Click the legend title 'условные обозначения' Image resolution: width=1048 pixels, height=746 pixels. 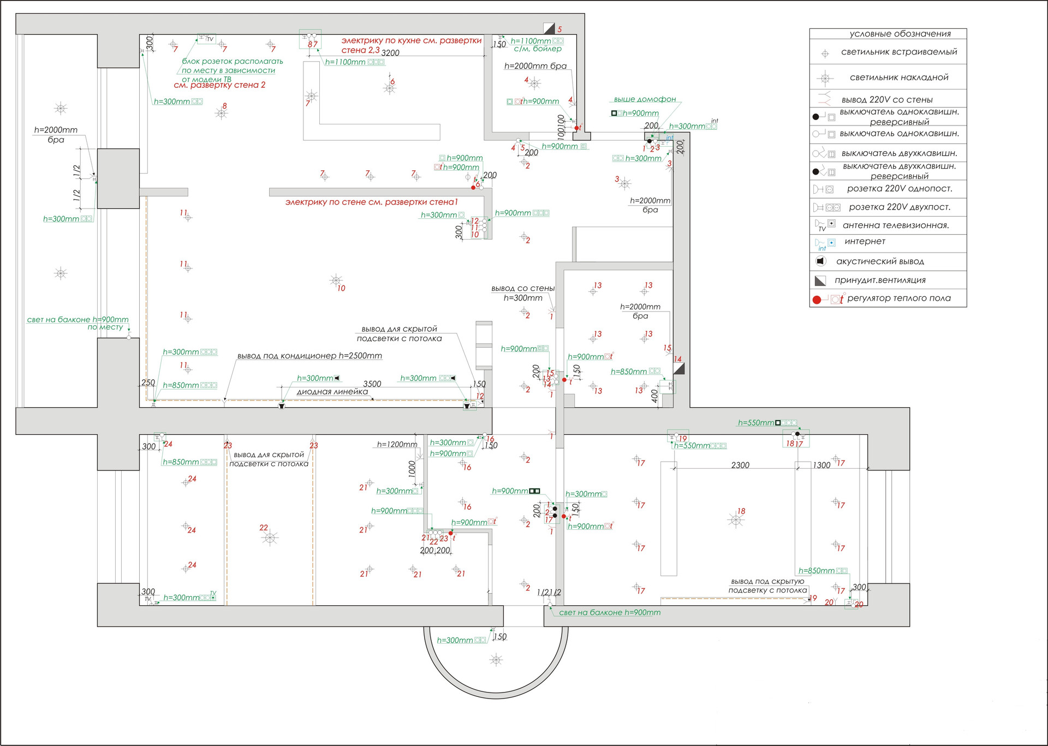(900, 34)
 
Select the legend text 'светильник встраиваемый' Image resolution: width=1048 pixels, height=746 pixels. (899, 52)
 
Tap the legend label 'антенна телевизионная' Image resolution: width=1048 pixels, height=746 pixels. (895, 225)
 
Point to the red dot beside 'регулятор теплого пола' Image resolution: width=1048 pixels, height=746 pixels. (817, 300)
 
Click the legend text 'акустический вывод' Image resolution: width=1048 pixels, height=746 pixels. (880, 261)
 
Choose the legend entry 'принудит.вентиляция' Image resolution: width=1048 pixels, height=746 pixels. (880, 280)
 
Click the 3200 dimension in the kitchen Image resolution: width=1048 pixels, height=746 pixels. (390, 53)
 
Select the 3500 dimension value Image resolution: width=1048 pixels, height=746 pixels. (372, 384)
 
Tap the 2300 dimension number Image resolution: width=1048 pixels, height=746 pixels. (740, 465)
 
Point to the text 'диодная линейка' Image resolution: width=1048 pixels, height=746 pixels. (332, 392)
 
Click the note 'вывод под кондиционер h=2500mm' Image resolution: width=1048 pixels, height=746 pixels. (309, 356)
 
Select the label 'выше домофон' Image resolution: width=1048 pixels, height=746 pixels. (645, 99)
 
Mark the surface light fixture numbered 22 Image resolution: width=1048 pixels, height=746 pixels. (270, 538)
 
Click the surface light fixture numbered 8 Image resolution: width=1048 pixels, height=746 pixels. (221, 114)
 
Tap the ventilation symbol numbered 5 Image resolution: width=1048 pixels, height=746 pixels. (549, 28)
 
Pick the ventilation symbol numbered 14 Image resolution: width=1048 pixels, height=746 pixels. (678, 368)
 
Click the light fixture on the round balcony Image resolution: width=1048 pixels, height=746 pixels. (496, 660)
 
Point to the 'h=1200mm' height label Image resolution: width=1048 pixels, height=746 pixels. (397, 445)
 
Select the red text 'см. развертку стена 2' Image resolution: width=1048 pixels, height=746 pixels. (219, 85)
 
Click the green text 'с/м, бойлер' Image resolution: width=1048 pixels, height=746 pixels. (538, 49)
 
